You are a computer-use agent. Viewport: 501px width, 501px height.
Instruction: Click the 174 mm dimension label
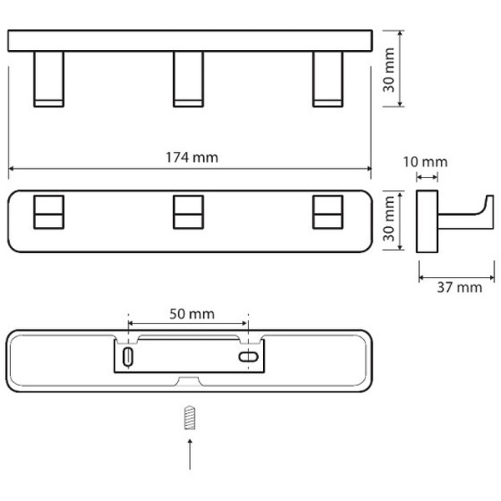point(192,157)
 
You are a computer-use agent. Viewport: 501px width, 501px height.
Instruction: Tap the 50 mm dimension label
point(192,314)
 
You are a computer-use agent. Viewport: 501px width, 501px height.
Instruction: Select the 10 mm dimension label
point(425,162)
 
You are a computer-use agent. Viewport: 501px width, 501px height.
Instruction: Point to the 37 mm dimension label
point(459,287)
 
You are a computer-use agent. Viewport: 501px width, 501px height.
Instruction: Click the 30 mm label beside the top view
point(389,70)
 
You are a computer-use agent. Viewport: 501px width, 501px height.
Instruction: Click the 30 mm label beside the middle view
point(389,219)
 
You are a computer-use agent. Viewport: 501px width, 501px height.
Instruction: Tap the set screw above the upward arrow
point(190,417)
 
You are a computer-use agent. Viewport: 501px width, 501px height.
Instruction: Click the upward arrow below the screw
point(190,454)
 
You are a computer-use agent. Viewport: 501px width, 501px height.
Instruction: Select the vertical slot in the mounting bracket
point(128,357)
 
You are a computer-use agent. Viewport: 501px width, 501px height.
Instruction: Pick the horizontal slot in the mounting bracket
point(249,357)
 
